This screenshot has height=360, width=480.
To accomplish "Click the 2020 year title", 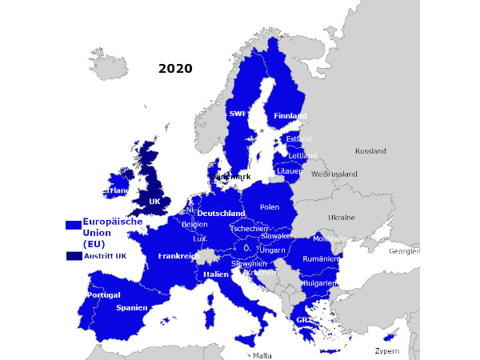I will point(175,69).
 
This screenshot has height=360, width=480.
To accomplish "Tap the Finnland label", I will point(290,116).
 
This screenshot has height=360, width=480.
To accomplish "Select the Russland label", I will point(370,151).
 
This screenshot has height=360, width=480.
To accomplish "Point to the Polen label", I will point(270,207).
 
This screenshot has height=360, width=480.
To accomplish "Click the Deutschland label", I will point(221,214).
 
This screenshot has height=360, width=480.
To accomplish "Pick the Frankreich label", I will point(178,256).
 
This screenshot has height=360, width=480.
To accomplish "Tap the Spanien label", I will point(131,307).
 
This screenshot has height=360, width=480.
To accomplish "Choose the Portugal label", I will point(103,294).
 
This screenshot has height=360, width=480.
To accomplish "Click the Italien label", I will point(216,274).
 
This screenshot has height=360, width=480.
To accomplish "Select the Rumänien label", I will point(321,259).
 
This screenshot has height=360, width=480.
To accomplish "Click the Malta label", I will point(262,356).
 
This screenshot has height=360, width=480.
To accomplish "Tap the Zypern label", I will point(386,351).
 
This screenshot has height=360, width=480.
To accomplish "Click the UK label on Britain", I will point(154,202).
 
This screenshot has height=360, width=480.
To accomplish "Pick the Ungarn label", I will point(272,250).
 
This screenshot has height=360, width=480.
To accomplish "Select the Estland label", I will point(298,139).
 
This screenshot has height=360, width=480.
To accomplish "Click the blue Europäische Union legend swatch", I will point(74,226).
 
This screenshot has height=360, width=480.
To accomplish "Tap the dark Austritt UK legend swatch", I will point(74,256).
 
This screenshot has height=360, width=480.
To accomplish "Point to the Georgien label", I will point(404,250).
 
